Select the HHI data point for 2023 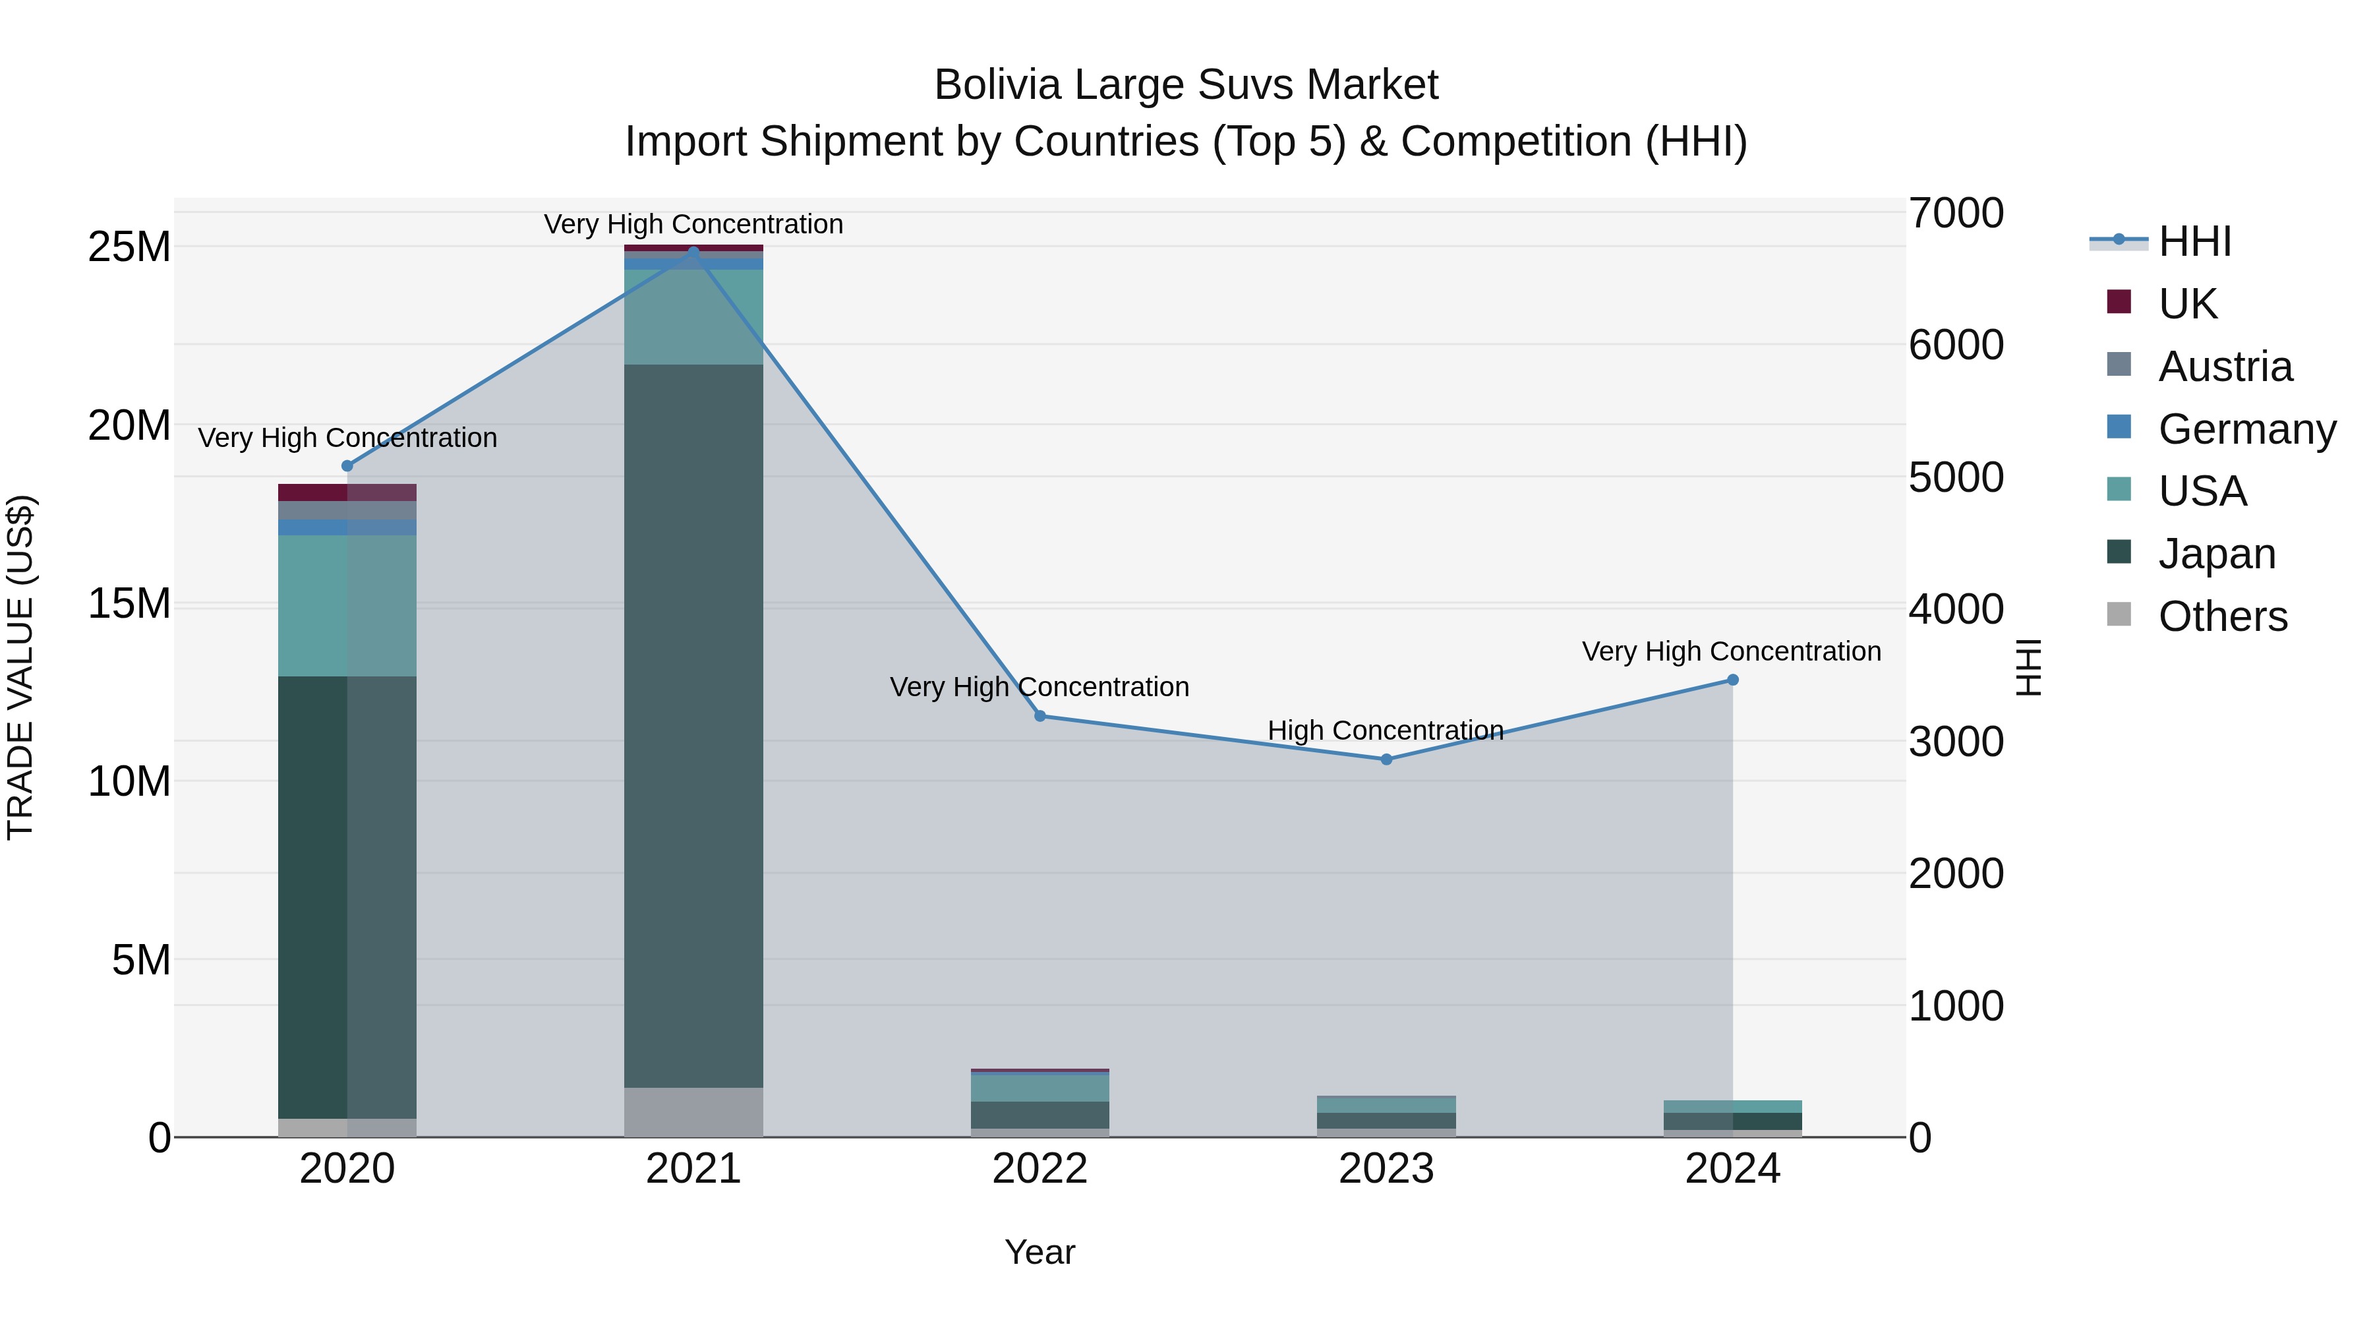click(x=1386, y=759)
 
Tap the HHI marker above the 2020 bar click(x=347, y=466)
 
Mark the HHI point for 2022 click(x=1040, y=716)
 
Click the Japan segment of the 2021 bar click(x=693, y=725)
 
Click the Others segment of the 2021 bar click(x=693, y=1112)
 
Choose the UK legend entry click(x=2187, y=304)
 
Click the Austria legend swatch click(x=2119, y=365)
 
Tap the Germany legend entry click(x=2246, y=429)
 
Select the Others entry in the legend click(x=2222, y=616)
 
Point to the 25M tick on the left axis click(x=129, y=247)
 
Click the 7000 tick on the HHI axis click(x=1956, y=213)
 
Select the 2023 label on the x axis click(x=1386, y=1169)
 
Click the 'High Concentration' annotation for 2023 click(x=1386, y=730)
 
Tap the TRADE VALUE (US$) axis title click(x=20, y=667)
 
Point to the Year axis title click(x=1040, y=1252)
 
